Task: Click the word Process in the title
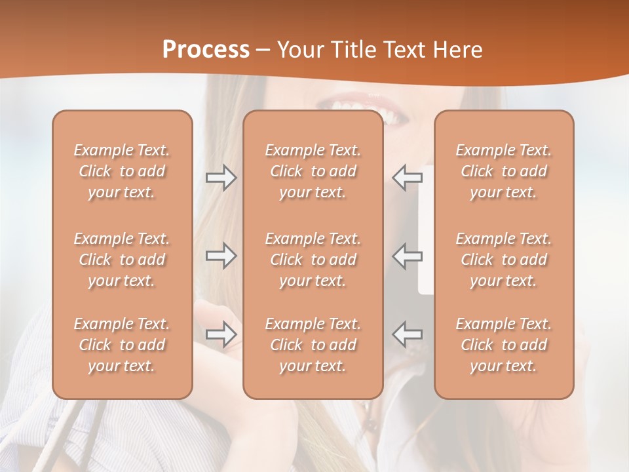pos(206,50)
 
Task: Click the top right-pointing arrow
pos(221,177)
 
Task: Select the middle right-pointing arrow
pos(221,256)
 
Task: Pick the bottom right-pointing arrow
pos(221,334)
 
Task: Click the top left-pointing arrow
pos(407,177)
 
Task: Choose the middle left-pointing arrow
pos(407,256)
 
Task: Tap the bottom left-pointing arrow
pos(407,334)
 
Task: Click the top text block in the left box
pos(122,171)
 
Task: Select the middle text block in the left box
pos(122,260)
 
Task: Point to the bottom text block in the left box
pos(122,345)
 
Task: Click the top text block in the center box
pos(313,171)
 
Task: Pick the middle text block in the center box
pos(313,260)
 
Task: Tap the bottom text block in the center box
pos(313,345)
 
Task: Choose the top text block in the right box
pos(504,171)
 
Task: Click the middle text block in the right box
pos(504,260)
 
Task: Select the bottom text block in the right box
pos(504,345)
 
